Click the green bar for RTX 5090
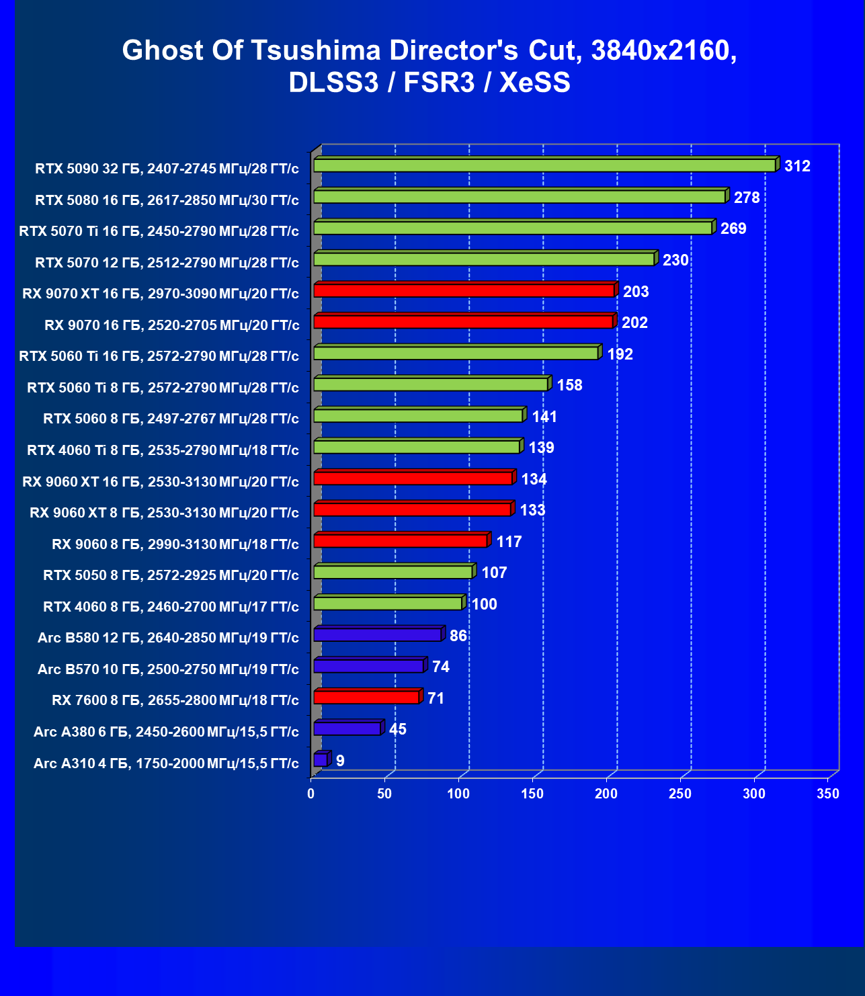point(544,165)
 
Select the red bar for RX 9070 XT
point(464,290)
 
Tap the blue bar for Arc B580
point(377,634)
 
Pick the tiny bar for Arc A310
point(321,759)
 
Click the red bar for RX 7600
point(366,698)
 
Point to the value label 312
point(797,166)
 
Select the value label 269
point(733,229)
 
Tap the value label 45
point(398,729)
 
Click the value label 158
point(569,385)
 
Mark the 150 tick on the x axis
point(532,794)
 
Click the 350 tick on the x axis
point(828,794)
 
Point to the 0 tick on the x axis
point(311,794)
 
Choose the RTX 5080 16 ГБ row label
point(167,200)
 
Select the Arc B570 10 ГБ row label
point(168,669)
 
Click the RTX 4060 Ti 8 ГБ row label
point(163,450)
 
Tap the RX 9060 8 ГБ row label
point(175,544)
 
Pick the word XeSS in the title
point(535,83)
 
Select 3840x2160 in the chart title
point(664,50)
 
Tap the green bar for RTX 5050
point(393,572)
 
